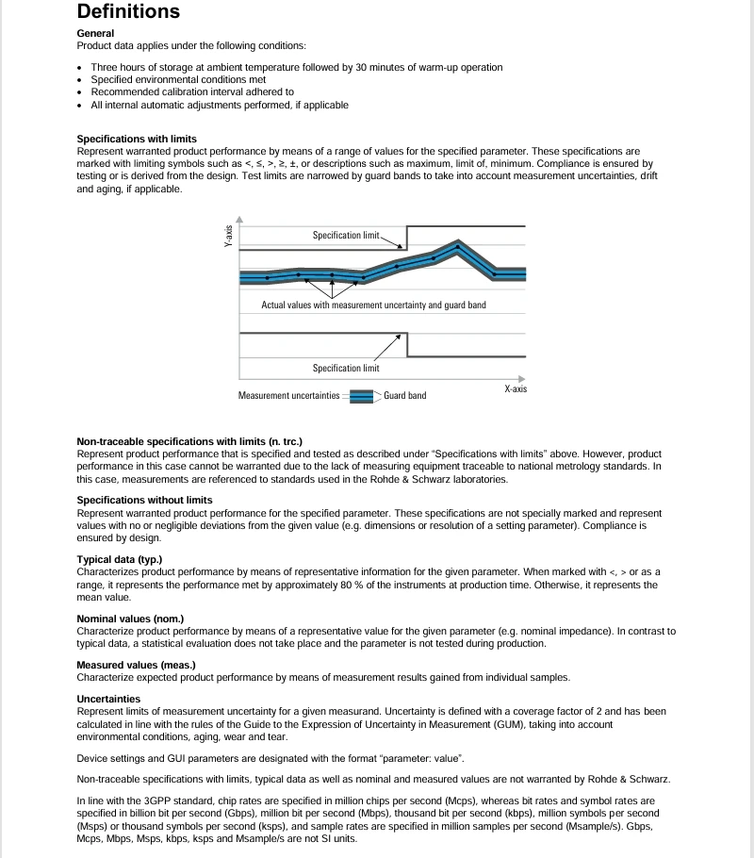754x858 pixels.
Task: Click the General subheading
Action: (x=95, y=33)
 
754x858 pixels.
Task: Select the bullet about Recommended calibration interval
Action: (x=192, y=92)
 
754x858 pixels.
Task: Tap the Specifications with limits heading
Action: (x=137, y=139)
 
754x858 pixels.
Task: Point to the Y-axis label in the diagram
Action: (x=228, y=233)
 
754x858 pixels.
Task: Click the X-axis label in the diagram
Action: (x=515, y=388)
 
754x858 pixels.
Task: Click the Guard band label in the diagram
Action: (x=404, y=395)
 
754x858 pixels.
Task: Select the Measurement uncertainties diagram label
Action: (x=288, y=395)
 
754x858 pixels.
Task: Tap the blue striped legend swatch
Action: (x=362, y=396)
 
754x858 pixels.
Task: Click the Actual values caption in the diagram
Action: (x=373, y=305)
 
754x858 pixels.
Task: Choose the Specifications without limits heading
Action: (x=144, y=500)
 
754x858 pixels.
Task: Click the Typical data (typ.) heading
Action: (x=120, y=559)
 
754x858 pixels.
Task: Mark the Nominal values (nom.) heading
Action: (x=130, y=619)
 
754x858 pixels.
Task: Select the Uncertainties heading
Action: (x=108, y=699)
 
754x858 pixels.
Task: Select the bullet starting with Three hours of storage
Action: (x=296, y=67)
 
